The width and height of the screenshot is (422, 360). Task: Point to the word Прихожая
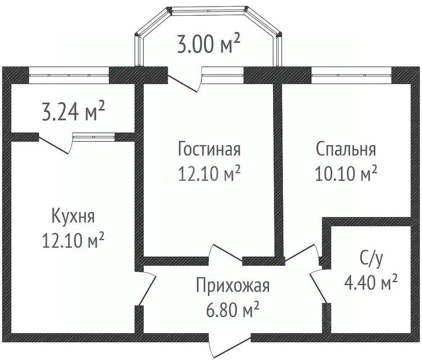(x=232, y=286)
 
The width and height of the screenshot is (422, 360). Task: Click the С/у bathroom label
(x=371, y=260)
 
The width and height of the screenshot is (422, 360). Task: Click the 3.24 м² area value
(x=73, y=111)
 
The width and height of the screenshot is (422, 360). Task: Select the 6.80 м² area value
(x=232, y=310)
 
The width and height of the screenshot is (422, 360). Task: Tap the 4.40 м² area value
(x=371, y=282)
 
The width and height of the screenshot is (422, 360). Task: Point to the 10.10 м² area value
(x=346, y=173)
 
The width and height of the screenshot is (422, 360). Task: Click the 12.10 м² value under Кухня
(x=73, y=240)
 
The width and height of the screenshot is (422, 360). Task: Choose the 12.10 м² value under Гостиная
(x=209, y=173)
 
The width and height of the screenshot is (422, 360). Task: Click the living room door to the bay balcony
(x=185, y=83)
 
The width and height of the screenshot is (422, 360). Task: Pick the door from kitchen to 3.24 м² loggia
(x=55, y=145)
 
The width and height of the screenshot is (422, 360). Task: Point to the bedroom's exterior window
(x=351, y=75)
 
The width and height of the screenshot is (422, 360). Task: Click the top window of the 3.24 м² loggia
(x=69, y=75)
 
